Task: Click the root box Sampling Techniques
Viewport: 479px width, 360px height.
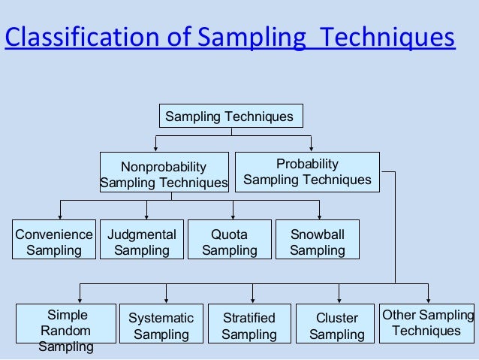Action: point(230,116)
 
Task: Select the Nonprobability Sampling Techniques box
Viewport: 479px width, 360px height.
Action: point(164,174)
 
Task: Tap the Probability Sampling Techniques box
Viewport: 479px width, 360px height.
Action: point(307,172)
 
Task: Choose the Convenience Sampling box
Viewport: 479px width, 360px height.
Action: point(54,242)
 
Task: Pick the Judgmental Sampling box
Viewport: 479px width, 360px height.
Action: point(142,242)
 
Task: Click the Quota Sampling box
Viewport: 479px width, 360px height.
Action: point(229,242)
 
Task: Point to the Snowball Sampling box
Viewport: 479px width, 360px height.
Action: point(317,242)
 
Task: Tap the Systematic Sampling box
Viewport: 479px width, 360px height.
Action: point(161,326)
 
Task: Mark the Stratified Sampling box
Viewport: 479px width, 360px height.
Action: point(249,326)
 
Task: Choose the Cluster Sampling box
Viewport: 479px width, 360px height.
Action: point(336,326)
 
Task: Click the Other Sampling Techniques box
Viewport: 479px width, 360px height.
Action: point(426,323)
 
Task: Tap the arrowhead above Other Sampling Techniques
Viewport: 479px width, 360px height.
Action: point(429,300)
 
